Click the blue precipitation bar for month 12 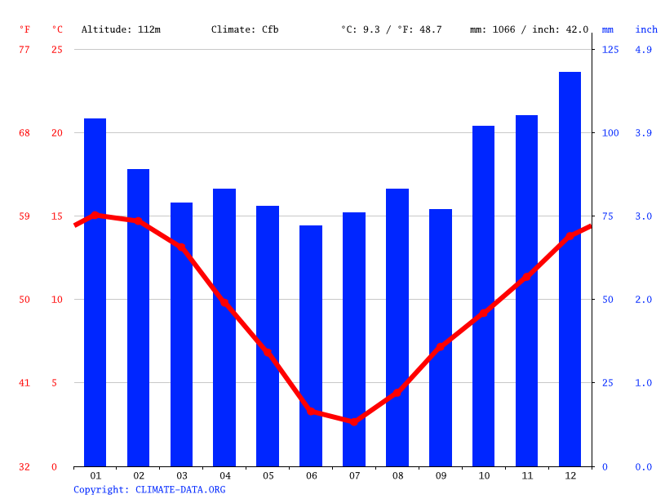(570, 270)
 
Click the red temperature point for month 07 (354, 421)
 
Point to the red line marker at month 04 (224, 302)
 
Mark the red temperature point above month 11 (527, 276)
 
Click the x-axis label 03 (181, 475)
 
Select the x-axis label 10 (484, 475)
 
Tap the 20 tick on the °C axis (57, 132)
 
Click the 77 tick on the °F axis (24, 49)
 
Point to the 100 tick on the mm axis (610, 132)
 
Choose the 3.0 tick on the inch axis (644, 216)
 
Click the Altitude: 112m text (121, 29)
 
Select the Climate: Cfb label (245, 29)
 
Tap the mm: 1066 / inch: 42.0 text (529, 29)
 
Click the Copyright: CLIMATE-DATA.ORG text (149, 489)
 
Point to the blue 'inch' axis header (646, 29)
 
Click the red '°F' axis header (24, 29)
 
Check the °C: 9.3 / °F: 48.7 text (391, 29)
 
